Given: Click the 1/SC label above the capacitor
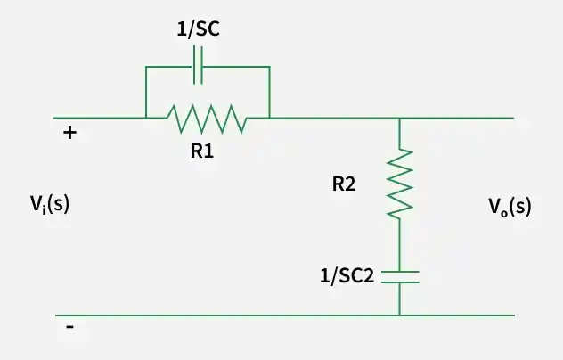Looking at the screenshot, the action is [x=198, y=29].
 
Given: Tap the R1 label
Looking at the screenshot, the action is [x=202, y=151].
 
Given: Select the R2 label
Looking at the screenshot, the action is [x=344, y=184].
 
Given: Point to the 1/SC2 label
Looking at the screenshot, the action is [x=347, y=276].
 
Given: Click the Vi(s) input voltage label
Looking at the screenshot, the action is [x=50, y=204].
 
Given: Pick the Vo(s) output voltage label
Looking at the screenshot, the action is [x=510, y=207].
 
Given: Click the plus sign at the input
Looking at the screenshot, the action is [x=69, y=133].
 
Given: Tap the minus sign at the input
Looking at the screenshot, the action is [x=70, y=327].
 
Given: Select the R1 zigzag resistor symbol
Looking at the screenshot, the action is [x=207, y=119].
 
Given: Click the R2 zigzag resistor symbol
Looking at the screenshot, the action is [x=400, y=184].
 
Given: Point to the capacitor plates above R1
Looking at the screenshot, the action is [x=198, y=65].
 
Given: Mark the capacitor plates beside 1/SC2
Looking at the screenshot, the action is [x=400, y=277].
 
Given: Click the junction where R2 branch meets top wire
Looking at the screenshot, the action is [x=400, y=118].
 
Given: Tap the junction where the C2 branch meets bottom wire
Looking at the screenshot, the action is [x=400, y=315].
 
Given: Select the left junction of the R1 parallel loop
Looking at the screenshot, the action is [x=146, y=118].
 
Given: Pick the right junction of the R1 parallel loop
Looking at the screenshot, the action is [x=270, y=118].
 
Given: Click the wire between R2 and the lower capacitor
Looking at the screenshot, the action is [x=400, y=244].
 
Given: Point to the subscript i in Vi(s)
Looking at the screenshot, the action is [x=44, y=209].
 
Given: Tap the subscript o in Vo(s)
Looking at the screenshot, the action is [x=504, y=213].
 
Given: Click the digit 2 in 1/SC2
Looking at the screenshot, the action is [x=369, y=276].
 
